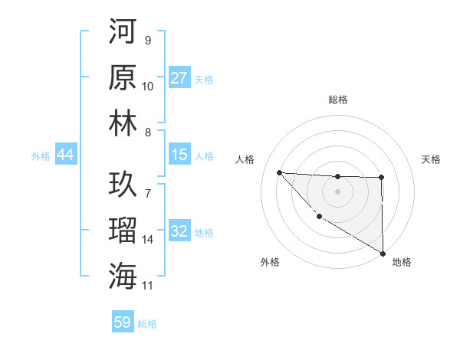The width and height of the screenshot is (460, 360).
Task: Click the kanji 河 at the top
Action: pyautogui.click(x=123, y=33)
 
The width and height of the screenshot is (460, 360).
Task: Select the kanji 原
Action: pyautogui.click(x=123, y=77)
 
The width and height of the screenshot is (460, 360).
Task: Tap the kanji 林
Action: pyautogui.click(x=123, y=123)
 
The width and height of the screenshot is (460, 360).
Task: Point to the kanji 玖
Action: pyautogui.click(x=123, y=185)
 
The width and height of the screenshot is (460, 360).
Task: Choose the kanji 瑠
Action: pyautogui.click(x=123, y=230)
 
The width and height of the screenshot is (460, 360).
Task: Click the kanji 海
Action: pyautogui.click(x=123, y=275)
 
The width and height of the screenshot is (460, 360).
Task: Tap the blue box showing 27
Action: pyautogui.click(x=179, y=78)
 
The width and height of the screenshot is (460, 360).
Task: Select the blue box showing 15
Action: pyautogui.click(x=179, y=155)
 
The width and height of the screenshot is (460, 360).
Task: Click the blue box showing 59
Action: pyautogui.click(x=123, y=322)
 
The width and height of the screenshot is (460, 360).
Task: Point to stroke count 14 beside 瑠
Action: pyautogui.click(x=148, y=240)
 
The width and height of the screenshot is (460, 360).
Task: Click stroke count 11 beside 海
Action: pyautogui.click(x=148, y=285)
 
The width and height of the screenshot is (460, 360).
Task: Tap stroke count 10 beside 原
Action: pyautogui.click(x=148, y=87)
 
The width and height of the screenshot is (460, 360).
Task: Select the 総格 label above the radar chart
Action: pyautogui.click(x=337, y=100)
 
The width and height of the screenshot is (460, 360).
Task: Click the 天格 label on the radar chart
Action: pyautogui.click(x=431, y=159)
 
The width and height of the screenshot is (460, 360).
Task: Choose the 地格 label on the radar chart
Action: pyautogui.click(x=401, y=262)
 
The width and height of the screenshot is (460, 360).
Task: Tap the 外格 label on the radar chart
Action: pyautogui.click(x=270, y=262)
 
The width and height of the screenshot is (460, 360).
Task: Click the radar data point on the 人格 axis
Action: pyautogui.click(x=280, y=172)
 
